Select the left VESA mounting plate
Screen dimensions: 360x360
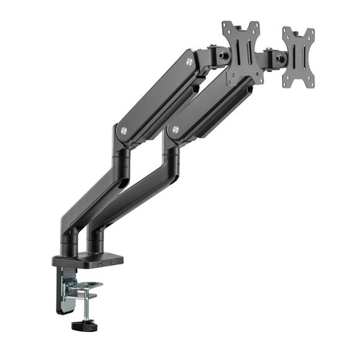pos(241,53)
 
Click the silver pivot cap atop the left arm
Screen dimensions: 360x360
pos(189,61)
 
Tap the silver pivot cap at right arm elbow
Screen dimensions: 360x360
pos(176,131)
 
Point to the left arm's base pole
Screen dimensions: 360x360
pos(70,238)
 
